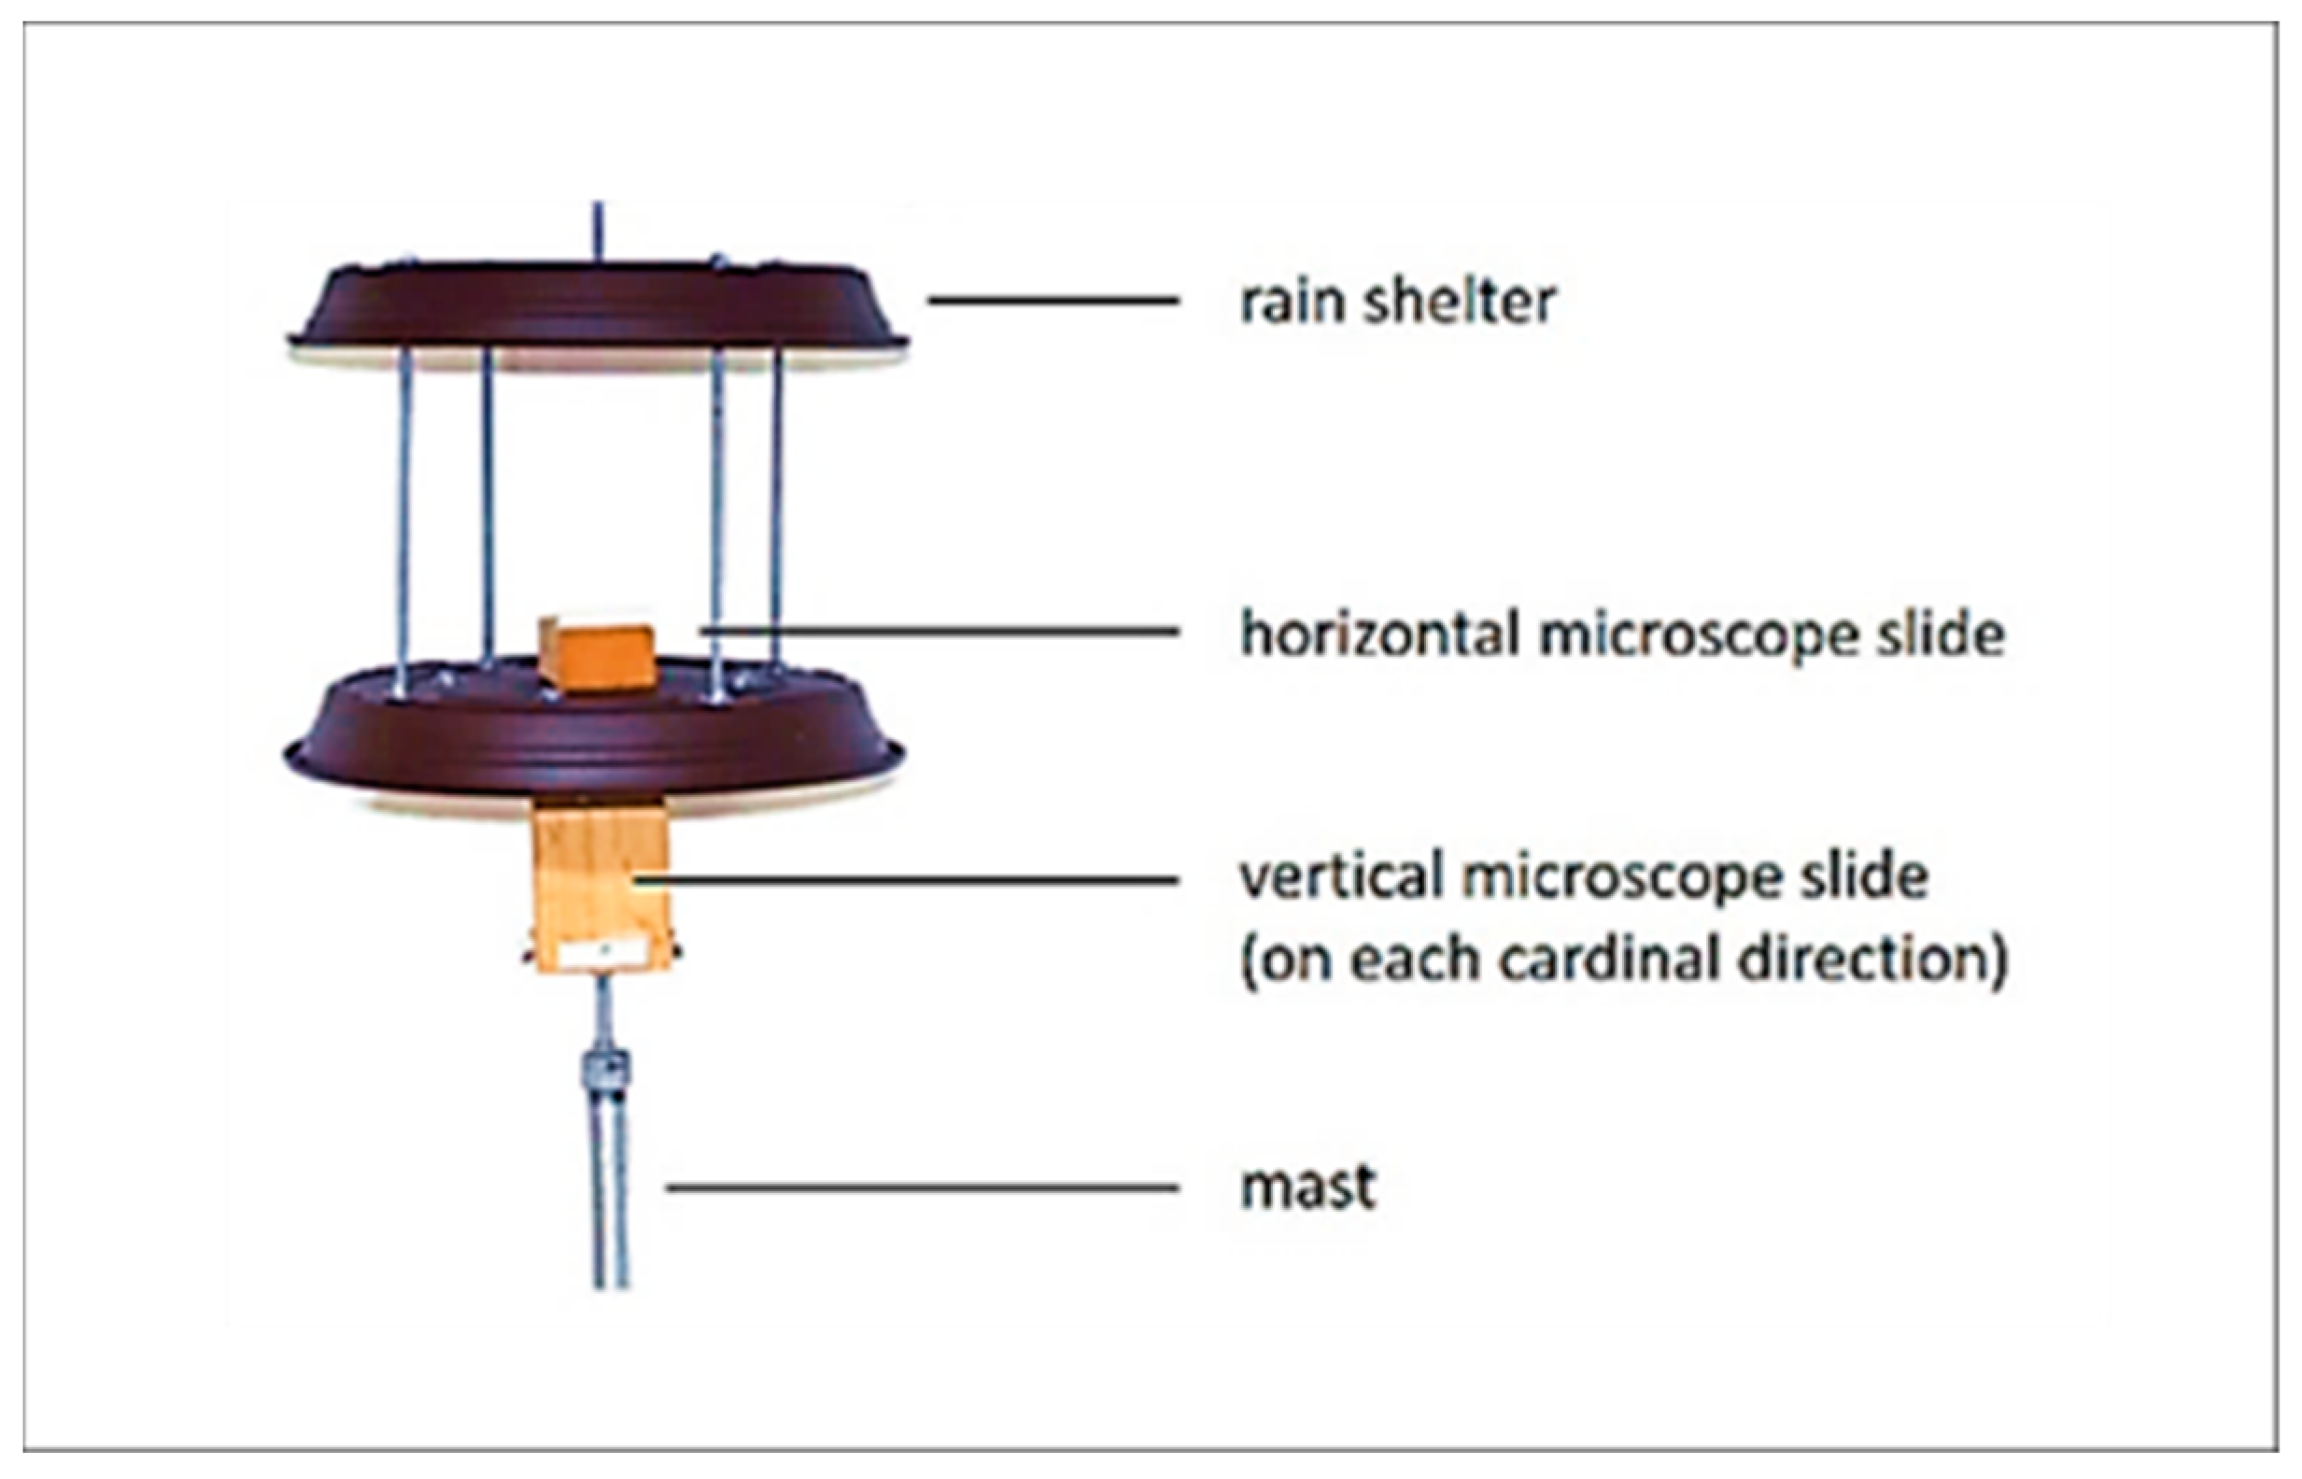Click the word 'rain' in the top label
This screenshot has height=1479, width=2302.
(1292, 303)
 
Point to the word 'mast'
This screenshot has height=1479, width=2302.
(1307, 1187)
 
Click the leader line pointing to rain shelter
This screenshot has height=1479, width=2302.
(1053, 301)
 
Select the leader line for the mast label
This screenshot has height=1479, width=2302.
(922, 1188)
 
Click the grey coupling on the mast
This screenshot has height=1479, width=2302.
(606, 1069)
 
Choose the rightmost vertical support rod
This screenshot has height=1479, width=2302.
(776, 509)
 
